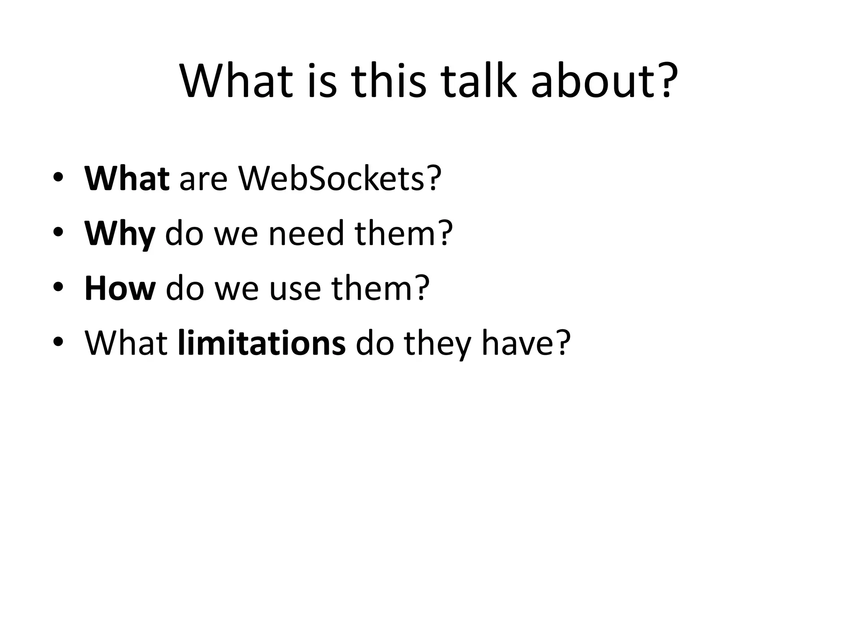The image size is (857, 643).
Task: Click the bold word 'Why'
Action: click(120, 234)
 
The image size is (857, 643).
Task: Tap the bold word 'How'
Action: click(120, 288)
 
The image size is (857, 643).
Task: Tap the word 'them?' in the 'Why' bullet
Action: click(404, 234)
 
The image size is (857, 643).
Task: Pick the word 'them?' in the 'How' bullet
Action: click(381, 288)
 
